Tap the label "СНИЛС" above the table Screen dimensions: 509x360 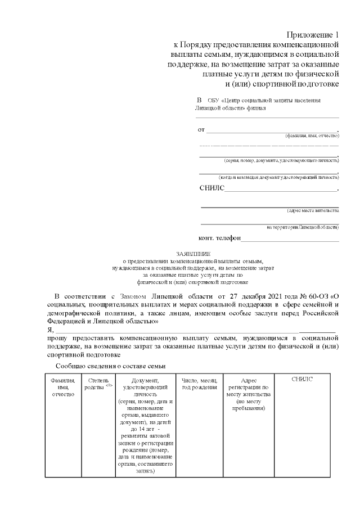pyautogui.click(x=211, y=188)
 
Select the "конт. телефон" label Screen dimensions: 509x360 pyautogui.click(x=219, y=238)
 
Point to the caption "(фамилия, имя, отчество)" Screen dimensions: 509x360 pyautogui.click(x=312, y=136)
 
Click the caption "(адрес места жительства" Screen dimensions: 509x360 pyautogui.click(x=312, y=210)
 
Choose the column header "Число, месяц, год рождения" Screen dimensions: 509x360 pyautogui.click(x=199, y=384)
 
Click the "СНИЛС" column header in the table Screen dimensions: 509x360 pyautogui.click(x=302, y=379)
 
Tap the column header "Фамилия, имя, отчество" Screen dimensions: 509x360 pyautogui.click(x=63, y=387)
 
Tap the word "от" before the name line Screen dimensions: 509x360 pyautogui.click(x=201, y=130)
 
